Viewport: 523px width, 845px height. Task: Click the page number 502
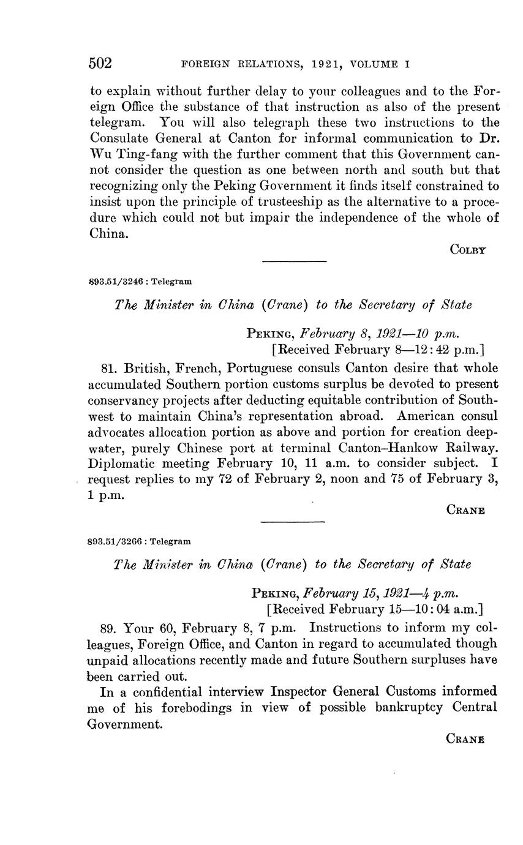tap(100, 64)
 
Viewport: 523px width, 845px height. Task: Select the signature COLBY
tap(467, 249)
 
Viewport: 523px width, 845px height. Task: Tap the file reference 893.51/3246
tap(116, 282)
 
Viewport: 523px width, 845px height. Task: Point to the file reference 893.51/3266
tap(116, 542)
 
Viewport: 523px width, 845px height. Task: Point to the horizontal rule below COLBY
tap(294, 262)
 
